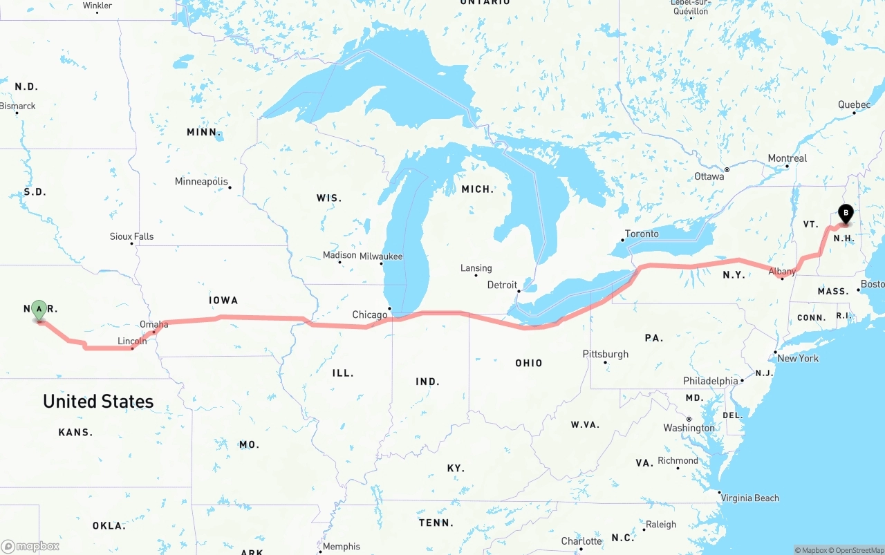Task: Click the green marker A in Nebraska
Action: click(x=39, y=309)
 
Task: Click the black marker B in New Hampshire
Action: click(x=845, y=214)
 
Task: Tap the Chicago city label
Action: click(x=369, y=315)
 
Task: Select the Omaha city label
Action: click(x=153, y=324)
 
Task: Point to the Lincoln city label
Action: click(x=132, y=341)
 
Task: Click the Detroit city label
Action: click(x=502, y=285)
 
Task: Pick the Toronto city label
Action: click(x=642, y=234)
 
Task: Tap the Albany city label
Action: click(x=782, y=272)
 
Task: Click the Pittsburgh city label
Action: click(x=606, y=354)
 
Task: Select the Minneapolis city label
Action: click(x=201, y=182)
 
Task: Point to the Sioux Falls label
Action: click(x=131, y=236)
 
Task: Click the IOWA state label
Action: click(x=223, y=300)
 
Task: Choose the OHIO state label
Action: click(x=528, y=363)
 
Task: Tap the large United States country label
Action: click(x=98, y=401)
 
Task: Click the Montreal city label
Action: click(x=787, y=158)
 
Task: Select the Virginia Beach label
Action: click(x=749, y=498)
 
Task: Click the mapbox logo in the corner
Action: click(x=30, y=546)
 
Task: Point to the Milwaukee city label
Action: click(x=381, y=256)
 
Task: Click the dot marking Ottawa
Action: click(x=727, y=169)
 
